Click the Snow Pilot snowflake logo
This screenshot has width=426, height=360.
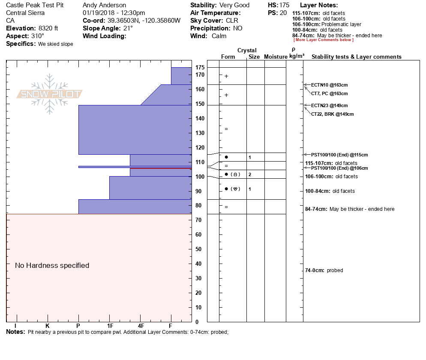(x=50, y=94)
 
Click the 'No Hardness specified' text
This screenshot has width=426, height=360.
(x=52, y=266)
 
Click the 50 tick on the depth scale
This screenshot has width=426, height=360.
(x=198, y=249)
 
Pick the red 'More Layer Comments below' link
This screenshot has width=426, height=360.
(x=323, y=40)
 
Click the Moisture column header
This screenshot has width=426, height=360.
(x=276, y=57)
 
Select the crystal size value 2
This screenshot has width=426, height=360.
(x=249, y=174)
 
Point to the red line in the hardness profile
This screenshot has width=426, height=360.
(x=161, y=168)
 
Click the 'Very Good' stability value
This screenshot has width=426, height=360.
(x=234, y=6)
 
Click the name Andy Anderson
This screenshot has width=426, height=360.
(x=104, y=6)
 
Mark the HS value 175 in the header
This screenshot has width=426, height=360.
(x=284, y=6)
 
